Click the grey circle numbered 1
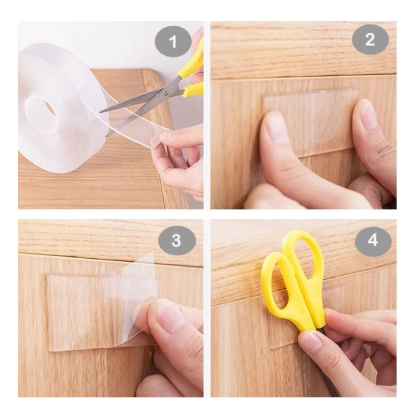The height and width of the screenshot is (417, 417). pos(173,41)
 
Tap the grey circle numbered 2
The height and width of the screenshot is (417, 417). pos(370,39)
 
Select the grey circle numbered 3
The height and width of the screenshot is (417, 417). pos(177,240)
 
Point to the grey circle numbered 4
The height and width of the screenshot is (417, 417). pos(373,241)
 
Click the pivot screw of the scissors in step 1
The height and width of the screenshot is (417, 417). pos(166,93)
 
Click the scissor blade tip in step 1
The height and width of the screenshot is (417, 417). pos(101,113)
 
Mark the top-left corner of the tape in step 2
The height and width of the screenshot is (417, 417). pos(263,96)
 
